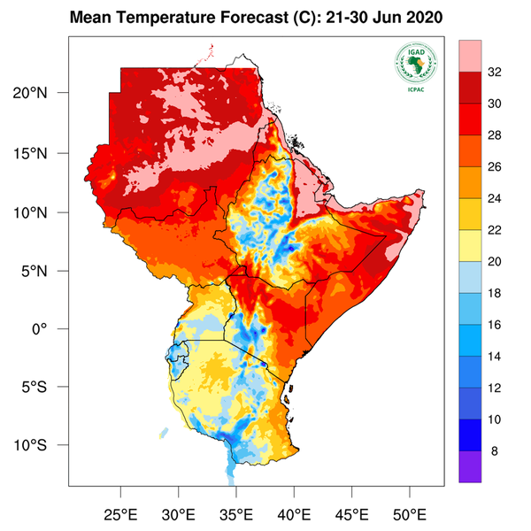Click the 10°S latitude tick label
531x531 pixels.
tap(41, 444)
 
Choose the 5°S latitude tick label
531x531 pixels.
tap(44, 387)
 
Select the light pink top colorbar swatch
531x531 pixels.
tap(470, 58)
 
